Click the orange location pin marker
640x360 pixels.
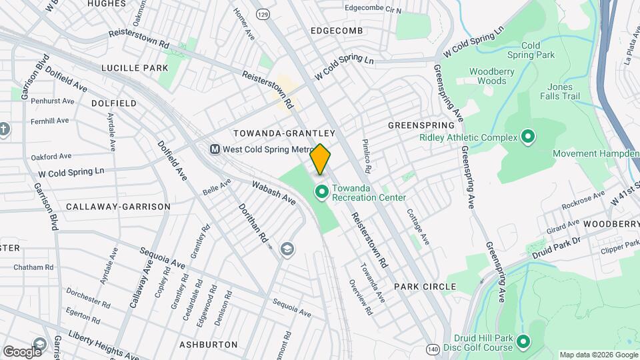click(321, 159)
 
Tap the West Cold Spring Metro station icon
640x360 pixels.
click(215, 149)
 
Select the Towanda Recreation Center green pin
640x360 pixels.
click(321, 193)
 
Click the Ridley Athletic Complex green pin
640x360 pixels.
click(528, 138)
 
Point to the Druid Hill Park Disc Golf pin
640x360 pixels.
click(523, 343)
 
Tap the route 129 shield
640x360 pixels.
click(264, 13)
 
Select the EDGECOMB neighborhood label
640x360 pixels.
click(336, 31)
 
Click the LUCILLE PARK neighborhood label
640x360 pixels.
click(135, 68)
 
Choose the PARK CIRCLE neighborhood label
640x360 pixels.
click(425, 287)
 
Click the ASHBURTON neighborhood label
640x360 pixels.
click(209, 345)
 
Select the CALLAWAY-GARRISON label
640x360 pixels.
click(118, 207)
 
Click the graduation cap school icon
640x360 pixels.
click(288, 249)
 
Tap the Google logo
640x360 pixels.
click(22, 351)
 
